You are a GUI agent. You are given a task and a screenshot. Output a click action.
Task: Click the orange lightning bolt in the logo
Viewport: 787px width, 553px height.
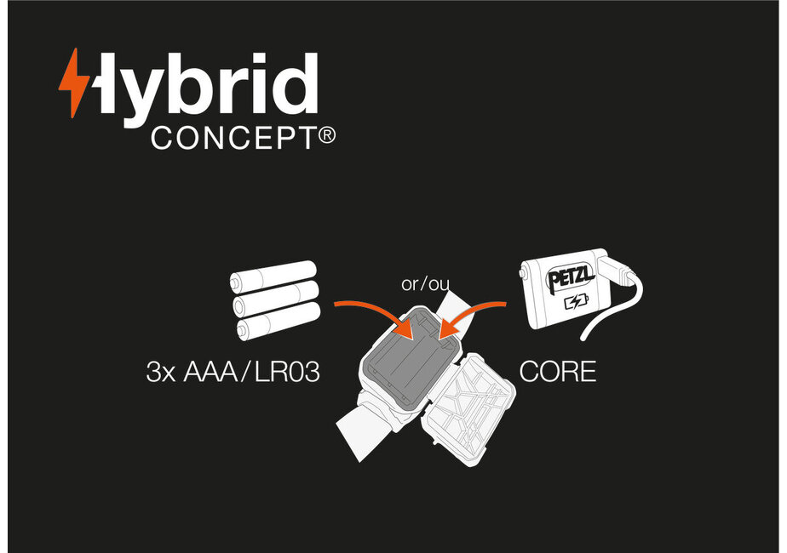72,83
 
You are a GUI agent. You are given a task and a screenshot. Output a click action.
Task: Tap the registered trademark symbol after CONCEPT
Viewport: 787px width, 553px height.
326,135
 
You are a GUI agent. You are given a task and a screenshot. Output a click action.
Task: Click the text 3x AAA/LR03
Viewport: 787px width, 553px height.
233,373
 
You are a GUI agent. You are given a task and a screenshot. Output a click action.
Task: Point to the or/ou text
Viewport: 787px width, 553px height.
425,284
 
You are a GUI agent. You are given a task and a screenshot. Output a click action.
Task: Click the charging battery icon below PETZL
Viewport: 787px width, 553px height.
576,303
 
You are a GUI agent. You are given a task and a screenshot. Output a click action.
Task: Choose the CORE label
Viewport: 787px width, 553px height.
557,373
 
